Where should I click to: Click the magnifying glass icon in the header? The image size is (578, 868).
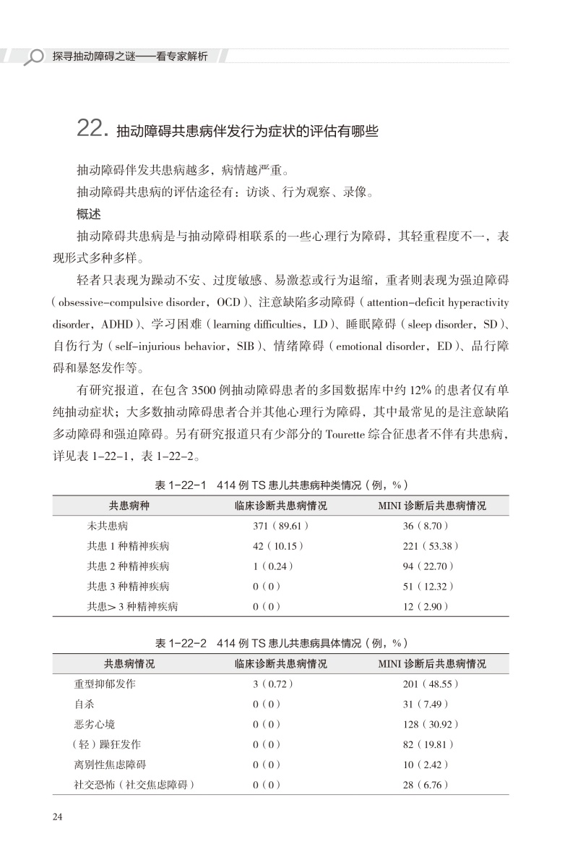click(33, 56)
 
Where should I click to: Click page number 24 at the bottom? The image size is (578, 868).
click(59, 817)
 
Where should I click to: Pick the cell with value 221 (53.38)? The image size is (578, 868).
click(431, 546)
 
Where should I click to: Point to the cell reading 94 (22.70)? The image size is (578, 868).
click(428, 566)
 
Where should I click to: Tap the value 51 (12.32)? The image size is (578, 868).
click(428, 587)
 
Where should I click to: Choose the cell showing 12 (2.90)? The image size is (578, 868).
click(426, 607)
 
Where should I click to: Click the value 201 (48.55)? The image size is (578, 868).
click(431, 684)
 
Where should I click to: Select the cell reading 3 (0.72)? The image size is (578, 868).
click(273, 684)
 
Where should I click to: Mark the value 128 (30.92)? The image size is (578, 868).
click(431, 724)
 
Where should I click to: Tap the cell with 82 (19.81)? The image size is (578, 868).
click(428, 744)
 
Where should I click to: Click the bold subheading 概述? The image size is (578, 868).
click(90, 215)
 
